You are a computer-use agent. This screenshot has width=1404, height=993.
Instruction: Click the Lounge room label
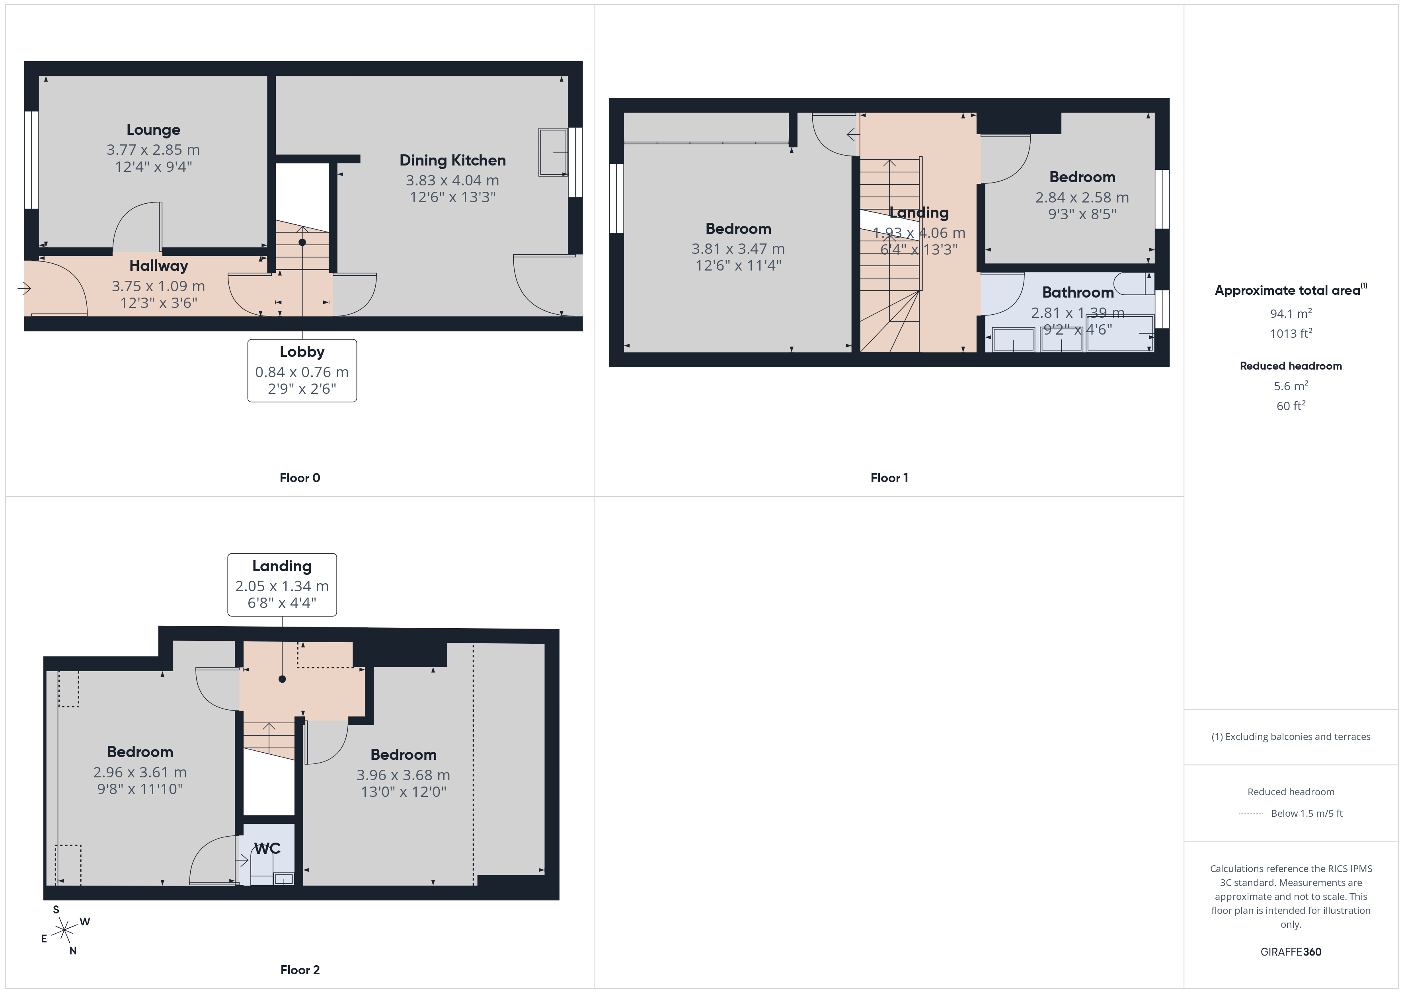[154, 130]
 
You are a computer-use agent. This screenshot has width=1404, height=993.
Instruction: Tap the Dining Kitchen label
[452, 160]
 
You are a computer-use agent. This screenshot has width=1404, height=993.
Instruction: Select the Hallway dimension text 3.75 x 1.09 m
[158, 286]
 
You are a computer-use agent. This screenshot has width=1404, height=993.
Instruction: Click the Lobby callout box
[302, 370]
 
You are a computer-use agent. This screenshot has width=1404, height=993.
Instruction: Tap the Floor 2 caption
[300, 970]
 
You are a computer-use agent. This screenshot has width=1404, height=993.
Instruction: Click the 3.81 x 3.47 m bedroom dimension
[738, 249]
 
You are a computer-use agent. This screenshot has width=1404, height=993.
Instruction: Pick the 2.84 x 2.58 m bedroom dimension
[1082, 197]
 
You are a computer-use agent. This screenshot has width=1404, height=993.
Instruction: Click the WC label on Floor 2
[267, 848]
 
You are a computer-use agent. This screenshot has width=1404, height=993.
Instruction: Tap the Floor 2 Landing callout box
[282, 584]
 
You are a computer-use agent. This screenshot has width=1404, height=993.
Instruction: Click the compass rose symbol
[64, 931]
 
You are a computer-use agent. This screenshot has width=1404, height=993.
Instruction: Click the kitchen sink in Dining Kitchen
[553, 152]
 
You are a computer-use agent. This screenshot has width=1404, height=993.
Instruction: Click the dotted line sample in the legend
[1250, 814]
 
